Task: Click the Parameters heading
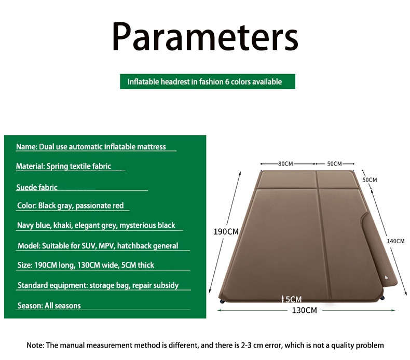(x=206, y=36)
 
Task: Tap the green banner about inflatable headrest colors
(x=208, y=81)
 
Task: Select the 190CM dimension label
(x=226, y=232)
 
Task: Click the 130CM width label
(x=304, y=310)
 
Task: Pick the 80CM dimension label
(x=285, y=164)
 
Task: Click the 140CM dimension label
(x=395, y=241)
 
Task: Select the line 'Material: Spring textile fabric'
(x=63, y=167)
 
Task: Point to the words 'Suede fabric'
(x=37, y=187)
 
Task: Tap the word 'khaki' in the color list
(x=62, y=225)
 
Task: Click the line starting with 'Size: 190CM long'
(x=86, y=265)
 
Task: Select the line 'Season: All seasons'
(x=49, y=306)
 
